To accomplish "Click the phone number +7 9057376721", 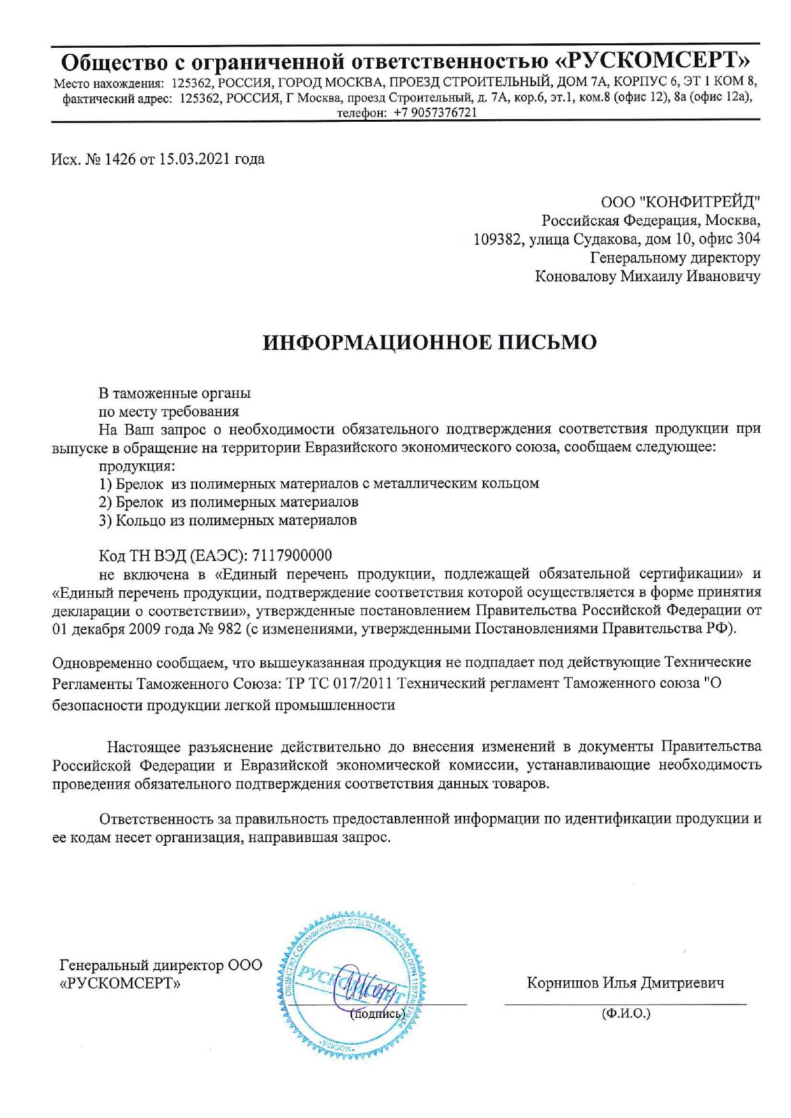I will pos(435,112).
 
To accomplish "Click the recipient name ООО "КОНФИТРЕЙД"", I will pos(680,203).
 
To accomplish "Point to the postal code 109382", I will pos(497,239).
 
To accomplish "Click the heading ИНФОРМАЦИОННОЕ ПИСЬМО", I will pos(430,342).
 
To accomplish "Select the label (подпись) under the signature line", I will pos(378,1013).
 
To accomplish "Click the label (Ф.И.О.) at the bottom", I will pos(625,1013).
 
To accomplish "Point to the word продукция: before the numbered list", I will pos(137,465).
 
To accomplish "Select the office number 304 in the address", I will pos(748,239).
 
